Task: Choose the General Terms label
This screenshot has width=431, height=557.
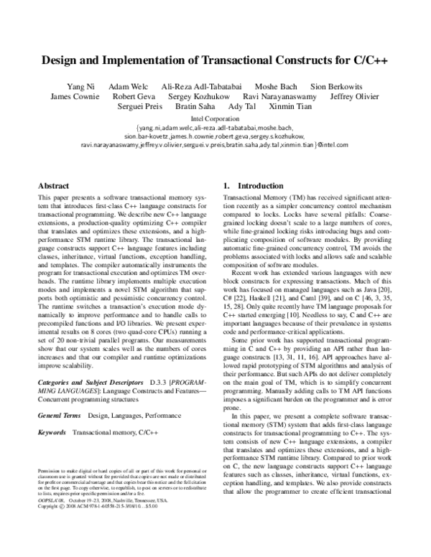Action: coord(60,415)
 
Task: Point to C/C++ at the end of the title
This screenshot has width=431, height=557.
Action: coord(372,61)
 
